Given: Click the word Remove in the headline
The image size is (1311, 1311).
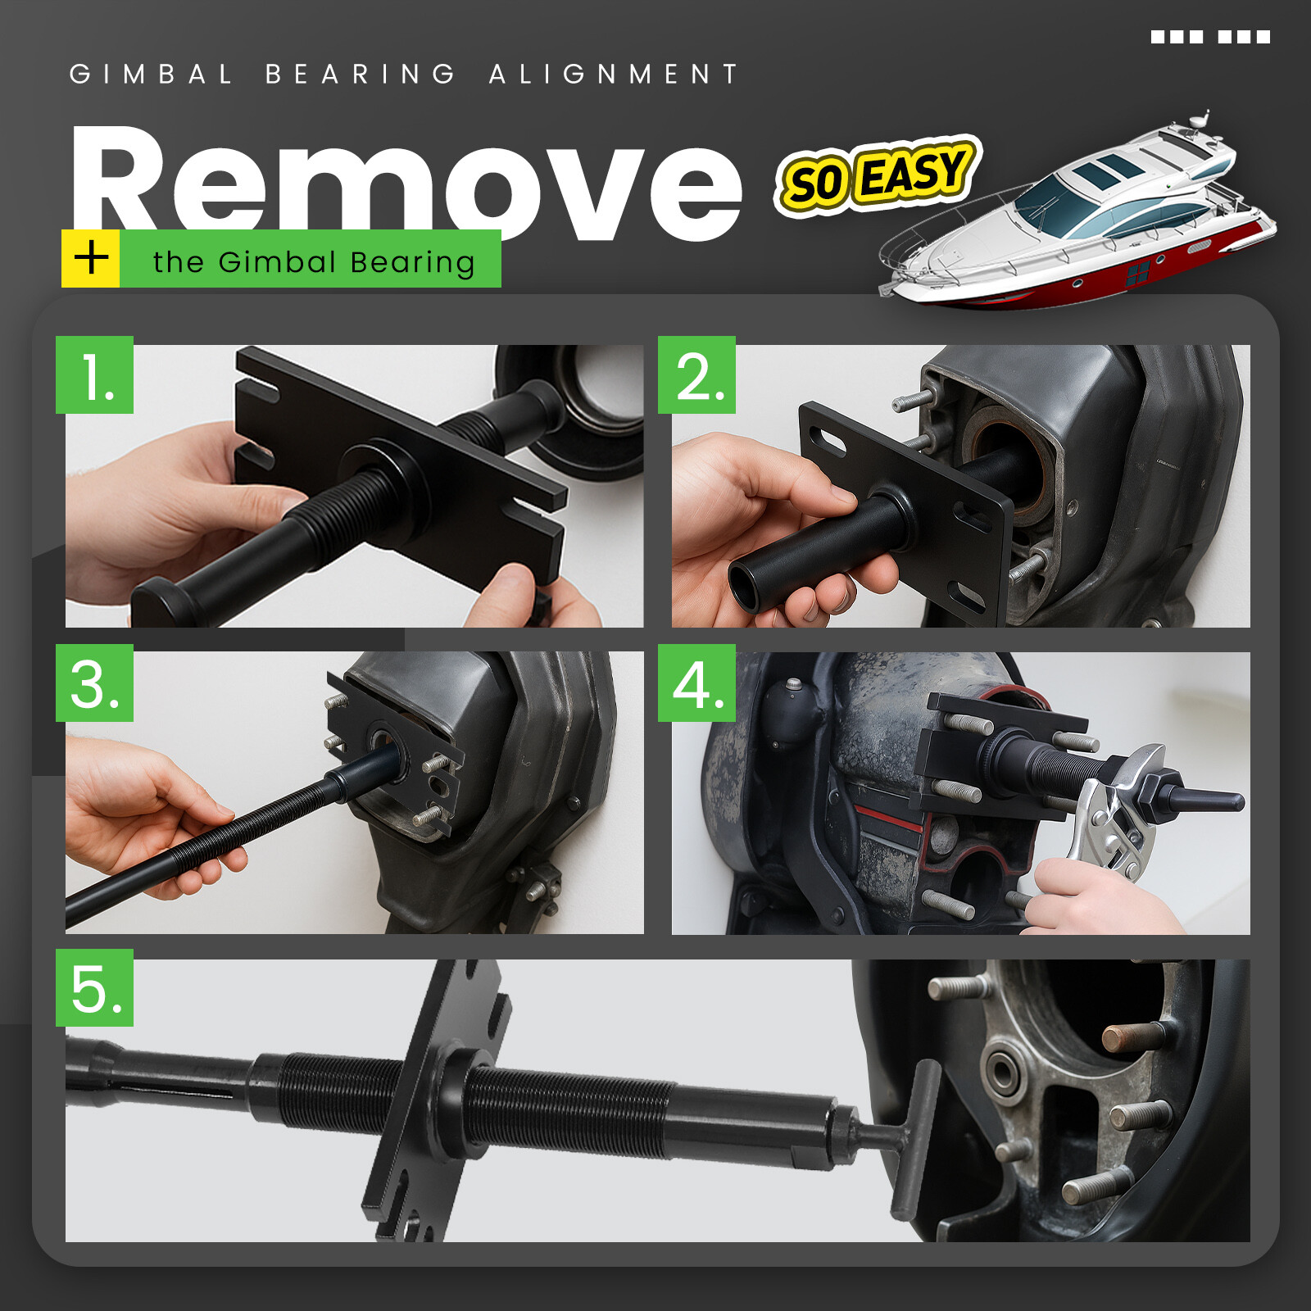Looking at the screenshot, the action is tap(406, 182).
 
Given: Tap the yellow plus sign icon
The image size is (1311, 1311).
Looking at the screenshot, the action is tap(91, 258).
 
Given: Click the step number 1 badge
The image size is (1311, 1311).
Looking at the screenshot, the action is tap(95, 374).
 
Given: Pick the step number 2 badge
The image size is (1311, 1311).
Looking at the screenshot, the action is tap(697, 374).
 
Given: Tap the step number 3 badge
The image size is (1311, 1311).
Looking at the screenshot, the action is tap(95, 683).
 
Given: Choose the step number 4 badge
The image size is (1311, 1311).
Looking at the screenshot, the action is tap(697, 683).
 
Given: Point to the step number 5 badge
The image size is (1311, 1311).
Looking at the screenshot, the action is tap(95, 987).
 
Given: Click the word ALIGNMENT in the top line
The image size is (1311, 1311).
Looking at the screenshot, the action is tap(614, 74).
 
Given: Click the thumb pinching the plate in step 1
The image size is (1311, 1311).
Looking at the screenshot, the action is tap(510, 588).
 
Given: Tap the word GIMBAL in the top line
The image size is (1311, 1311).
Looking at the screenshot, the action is tap(152, 74).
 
